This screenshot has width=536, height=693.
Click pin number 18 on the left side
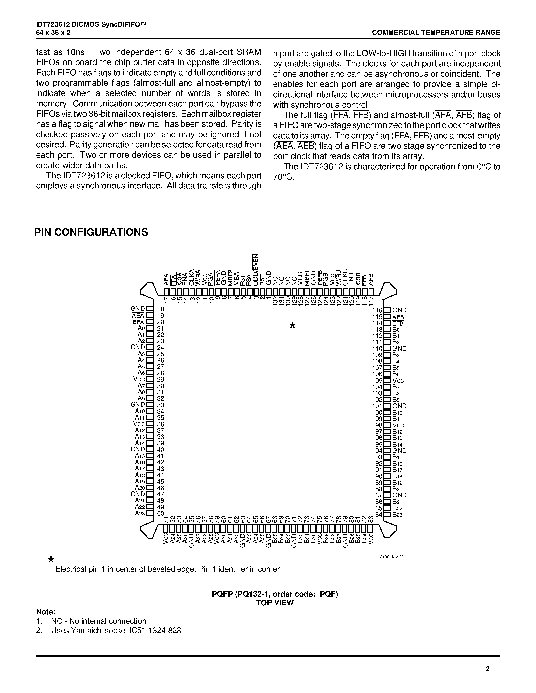click(x=161, y=309)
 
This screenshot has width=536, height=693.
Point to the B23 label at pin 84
click(x=398, y=515)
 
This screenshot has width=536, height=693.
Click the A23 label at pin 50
click(x=140, y=513)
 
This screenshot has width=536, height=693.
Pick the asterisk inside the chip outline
click(x=292, y=326)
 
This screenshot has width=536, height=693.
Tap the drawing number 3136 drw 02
click(x=391, y=557)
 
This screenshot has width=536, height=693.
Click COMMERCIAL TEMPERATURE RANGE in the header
click(x=436, y=32)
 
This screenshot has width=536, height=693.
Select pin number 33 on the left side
click(x=161, y=405)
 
